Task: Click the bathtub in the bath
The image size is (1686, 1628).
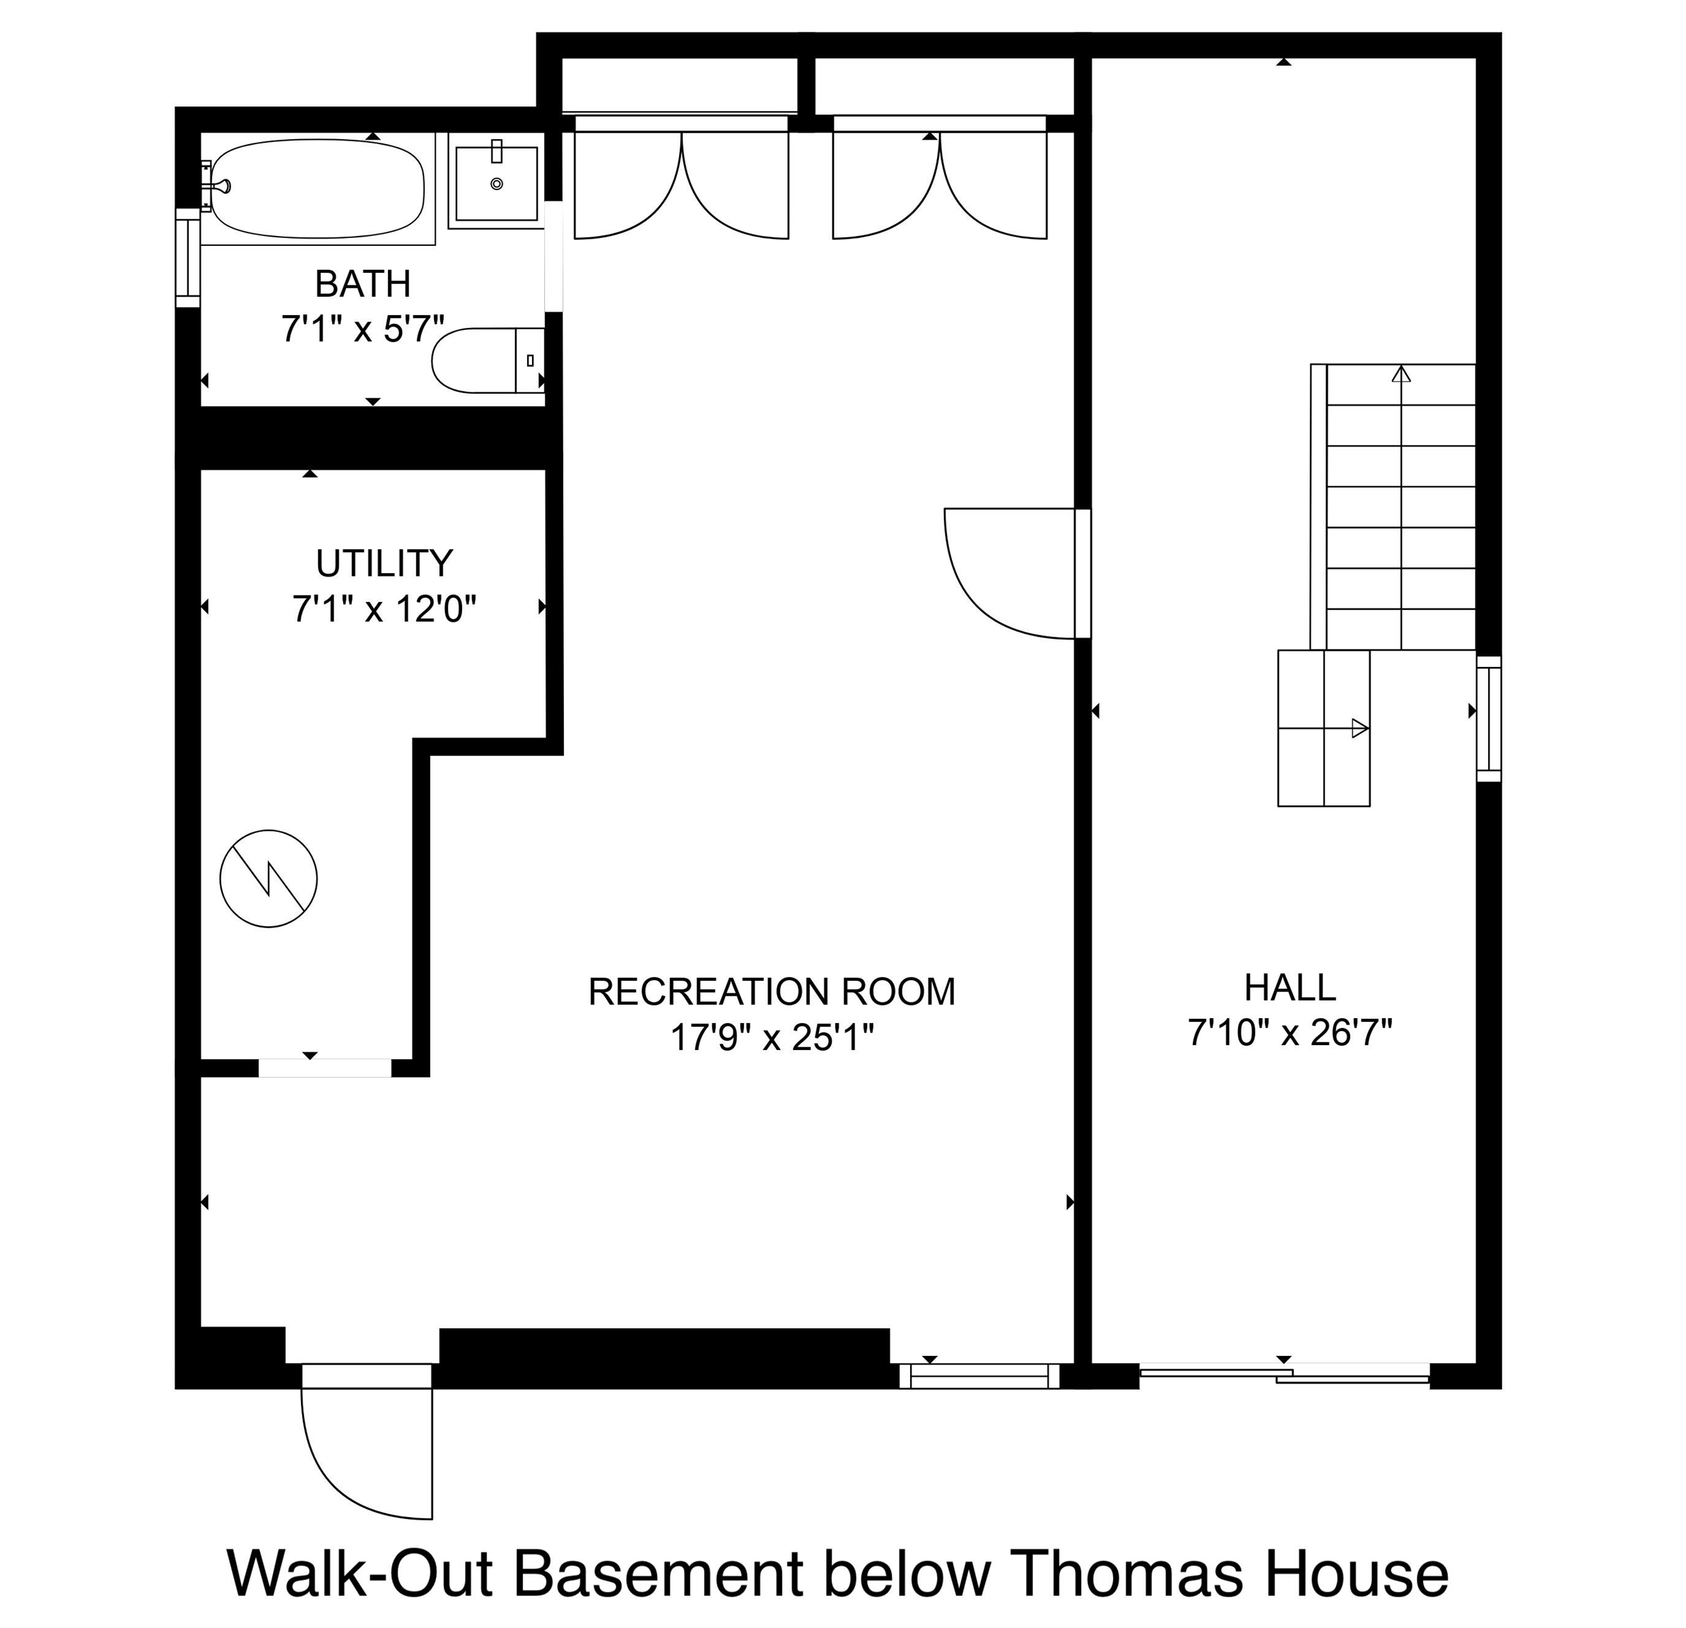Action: (x=317, y=189)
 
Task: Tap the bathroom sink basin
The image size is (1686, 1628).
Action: (x=496, y=183)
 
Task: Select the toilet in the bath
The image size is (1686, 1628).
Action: (x=488, y=360)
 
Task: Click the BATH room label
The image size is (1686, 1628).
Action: (x=362, y=284)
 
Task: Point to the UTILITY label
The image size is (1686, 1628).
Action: (x=384, y=563)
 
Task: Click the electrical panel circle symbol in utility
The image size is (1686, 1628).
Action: (x=269, y=878)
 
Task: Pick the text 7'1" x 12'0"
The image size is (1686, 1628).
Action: (x=384, y=610)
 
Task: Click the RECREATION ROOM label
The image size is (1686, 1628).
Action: (x=772, y=991)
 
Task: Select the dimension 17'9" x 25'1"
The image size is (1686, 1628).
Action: (x=772, y=1038)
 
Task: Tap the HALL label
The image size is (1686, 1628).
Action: (x=1290, y=987)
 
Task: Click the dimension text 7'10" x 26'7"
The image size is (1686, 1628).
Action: (x=1290, y=1032)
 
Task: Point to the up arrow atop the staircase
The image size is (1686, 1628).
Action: (x=1401, y=374)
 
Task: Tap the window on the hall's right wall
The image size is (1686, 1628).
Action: (x=1489, y=719)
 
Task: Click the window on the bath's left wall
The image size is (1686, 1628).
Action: (x=187, y=257)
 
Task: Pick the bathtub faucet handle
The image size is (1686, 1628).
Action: (x=222, y=185)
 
